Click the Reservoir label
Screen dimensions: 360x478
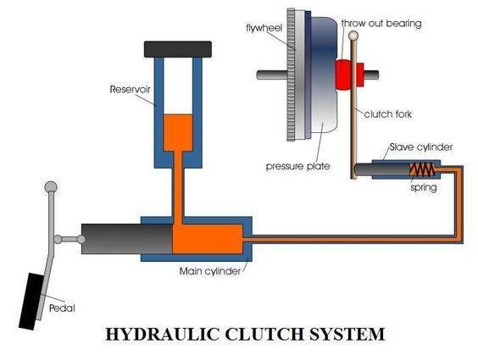pos(129,89)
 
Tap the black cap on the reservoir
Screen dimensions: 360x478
pos(179,50)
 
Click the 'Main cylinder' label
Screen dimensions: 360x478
pos(210,271)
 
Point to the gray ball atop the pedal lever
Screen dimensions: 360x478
pos(51,187)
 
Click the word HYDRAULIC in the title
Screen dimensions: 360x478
pos(160,334)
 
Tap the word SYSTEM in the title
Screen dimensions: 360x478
pos(339,334)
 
